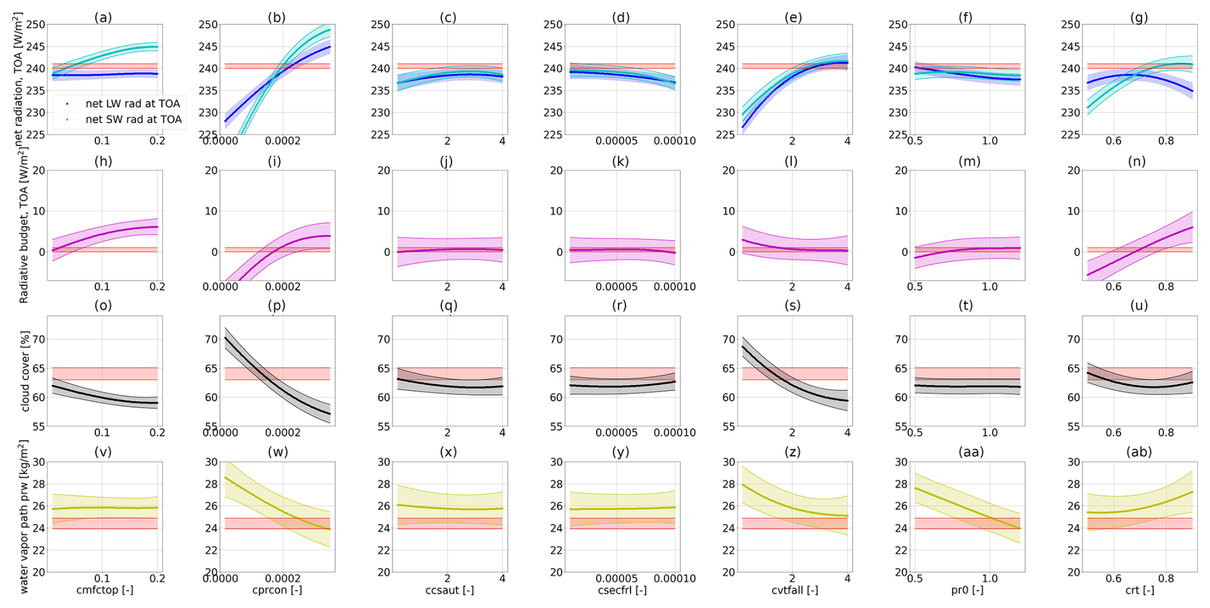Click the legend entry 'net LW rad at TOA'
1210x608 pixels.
click(132, 104)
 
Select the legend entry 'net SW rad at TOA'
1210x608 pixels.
click(133, 120)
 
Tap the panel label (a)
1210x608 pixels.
click(103, 17)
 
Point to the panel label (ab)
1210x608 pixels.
click(1138, 452)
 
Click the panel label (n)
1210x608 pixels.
click(1136, 161)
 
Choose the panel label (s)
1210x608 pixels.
click(792, 306)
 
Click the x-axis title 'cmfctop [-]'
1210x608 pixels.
click(105, 590)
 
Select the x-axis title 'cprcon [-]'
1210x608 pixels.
click(277, 590)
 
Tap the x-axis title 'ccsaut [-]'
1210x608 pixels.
click(450, 590)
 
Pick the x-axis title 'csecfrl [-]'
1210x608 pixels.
click(622, 590)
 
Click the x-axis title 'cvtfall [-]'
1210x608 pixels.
click(794, 590)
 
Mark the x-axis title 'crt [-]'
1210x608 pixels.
click(1140, 590)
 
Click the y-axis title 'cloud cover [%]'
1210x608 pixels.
click(25, 371)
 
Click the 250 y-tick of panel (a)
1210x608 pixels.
click(36, 25)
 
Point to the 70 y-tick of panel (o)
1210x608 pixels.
click(39, 340)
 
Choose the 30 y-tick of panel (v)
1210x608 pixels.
click(39, 462)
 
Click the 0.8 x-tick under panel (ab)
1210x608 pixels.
click(1166, 579)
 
